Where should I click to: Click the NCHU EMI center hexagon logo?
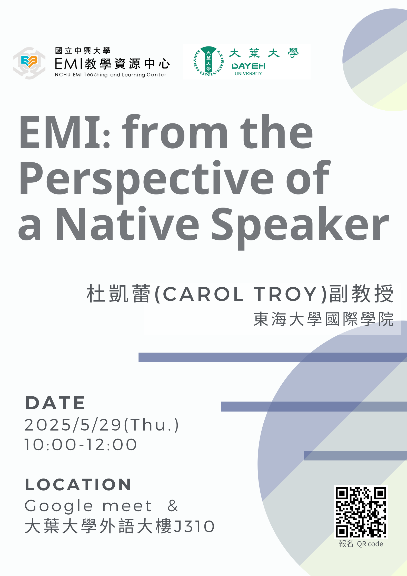click(29, 63)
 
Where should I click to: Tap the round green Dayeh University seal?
click(209, 61)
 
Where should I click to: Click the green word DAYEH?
click(248, 66)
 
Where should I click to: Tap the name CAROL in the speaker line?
click(203, 294)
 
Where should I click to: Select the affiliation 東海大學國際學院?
click(323, 319)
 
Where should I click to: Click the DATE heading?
click(55, 403)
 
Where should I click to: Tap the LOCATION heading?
click(78, 485)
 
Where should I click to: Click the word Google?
click(59, 506)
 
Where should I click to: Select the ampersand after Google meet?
click(173, 506)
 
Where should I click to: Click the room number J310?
click(194, 526)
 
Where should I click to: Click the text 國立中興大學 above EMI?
click(83, 51)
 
